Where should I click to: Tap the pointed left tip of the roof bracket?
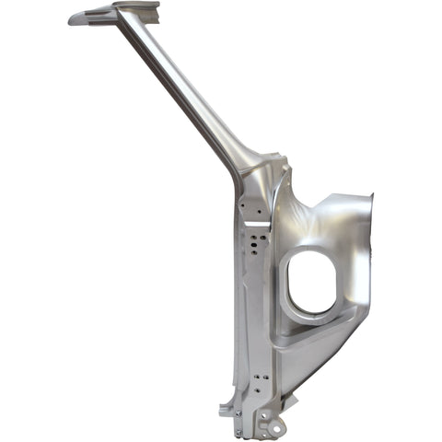pos(71,18)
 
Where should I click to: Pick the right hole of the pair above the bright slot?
pos(262,205)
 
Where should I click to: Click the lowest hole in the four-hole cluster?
pos(253,261)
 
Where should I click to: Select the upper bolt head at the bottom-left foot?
pos(238,418)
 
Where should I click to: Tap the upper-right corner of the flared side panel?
pos(371,195)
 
